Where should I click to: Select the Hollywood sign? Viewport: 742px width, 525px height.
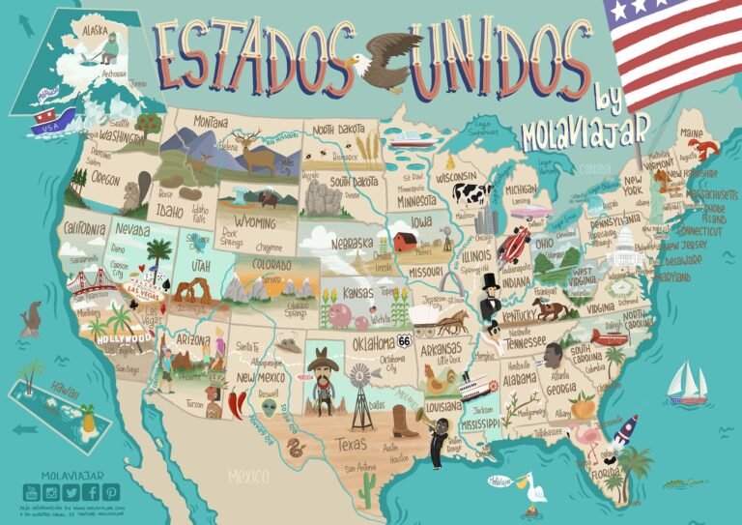tap(120, 339)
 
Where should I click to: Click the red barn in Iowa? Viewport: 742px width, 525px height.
tap(405, 240)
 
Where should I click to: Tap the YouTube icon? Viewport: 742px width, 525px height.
tap(29, 493)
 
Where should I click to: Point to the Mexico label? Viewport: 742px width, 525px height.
tap(250, 477)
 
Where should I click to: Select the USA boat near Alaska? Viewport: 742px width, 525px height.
tap(46, 122)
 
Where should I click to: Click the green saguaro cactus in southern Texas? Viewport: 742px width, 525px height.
tap(367, 492)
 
